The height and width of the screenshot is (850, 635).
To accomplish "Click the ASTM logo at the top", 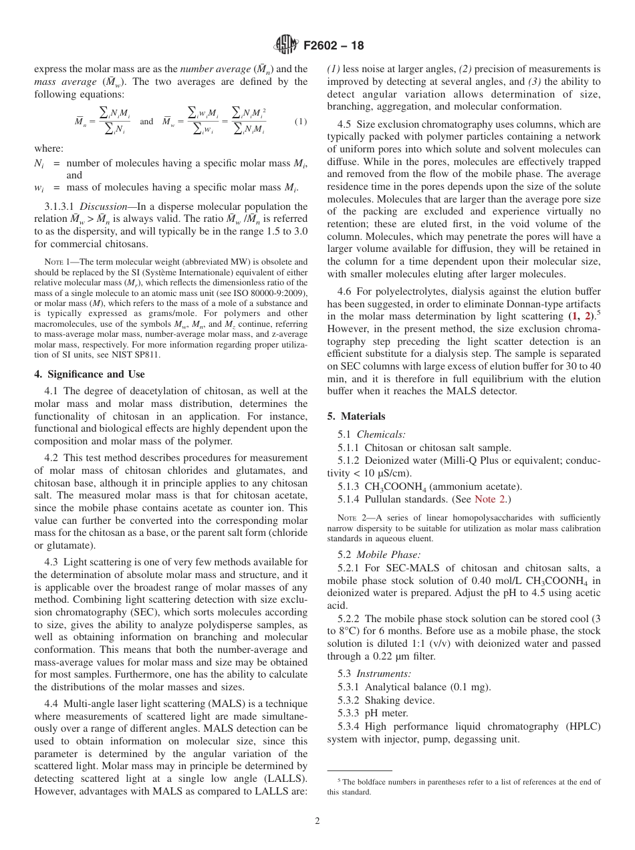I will coord(287,45).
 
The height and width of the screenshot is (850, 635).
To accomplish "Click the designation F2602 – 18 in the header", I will coord(334,46).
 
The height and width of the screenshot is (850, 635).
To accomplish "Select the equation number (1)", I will coord(301,121).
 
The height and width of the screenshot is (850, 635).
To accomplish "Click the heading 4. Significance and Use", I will coord(89,374).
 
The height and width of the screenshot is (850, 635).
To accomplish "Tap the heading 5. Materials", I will coord(356,416).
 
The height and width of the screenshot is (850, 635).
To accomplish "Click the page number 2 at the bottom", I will coord(317,821).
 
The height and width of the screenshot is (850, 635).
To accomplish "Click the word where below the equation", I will coord(48,148).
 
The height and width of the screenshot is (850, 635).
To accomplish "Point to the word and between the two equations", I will coord(146,122).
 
